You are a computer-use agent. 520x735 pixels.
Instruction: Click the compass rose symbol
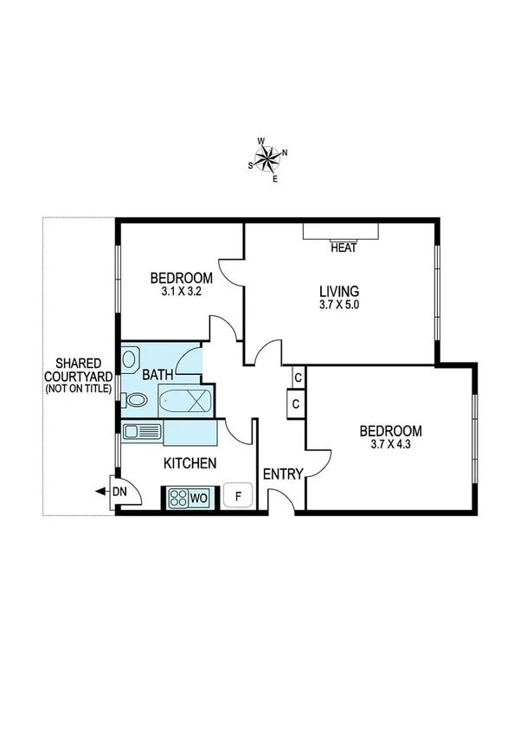pyautogui.click(x=268, y=159)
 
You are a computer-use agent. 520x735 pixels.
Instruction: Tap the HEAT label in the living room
pyautogui.click(x=344, y=248)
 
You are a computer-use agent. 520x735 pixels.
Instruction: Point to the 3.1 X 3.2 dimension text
pyautogui.click(x=181, y=292)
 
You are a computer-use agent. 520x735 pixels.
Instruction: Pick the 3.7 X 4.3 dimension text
pyautogui.click(x=391, y=445)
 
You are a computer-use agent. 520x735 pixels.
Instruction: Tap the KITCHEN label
pyautogui.click(x=189, y=463)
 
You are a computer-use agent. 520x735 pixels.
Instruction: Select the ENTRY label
pyautogui.click(x=282, y=474)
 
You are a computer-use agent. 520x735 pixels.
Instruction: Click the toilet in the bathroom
pyautogui.click(x=134, y=400)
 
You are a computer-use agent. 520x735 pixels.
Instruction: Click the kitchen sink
pyautogui.click(x=141, y=431)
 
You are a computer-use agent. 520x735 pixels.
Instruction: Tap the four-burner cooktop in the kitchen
pyautogui.click(x=179, y=498)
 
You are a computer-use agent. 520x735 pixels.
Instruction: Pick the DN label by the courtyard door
pyautogui.click(x=120, y=491)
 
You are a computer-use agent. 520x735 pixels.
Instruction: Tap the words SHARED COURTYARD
pyautogui.click(x=79, y=370)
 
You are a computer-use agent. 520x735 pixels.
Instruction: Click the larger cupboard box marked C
pyautogui.click(x=296, y=403)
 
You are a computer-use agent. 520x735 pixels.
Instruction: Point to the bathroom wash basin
pyautogui.click(x=132, y=358)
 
